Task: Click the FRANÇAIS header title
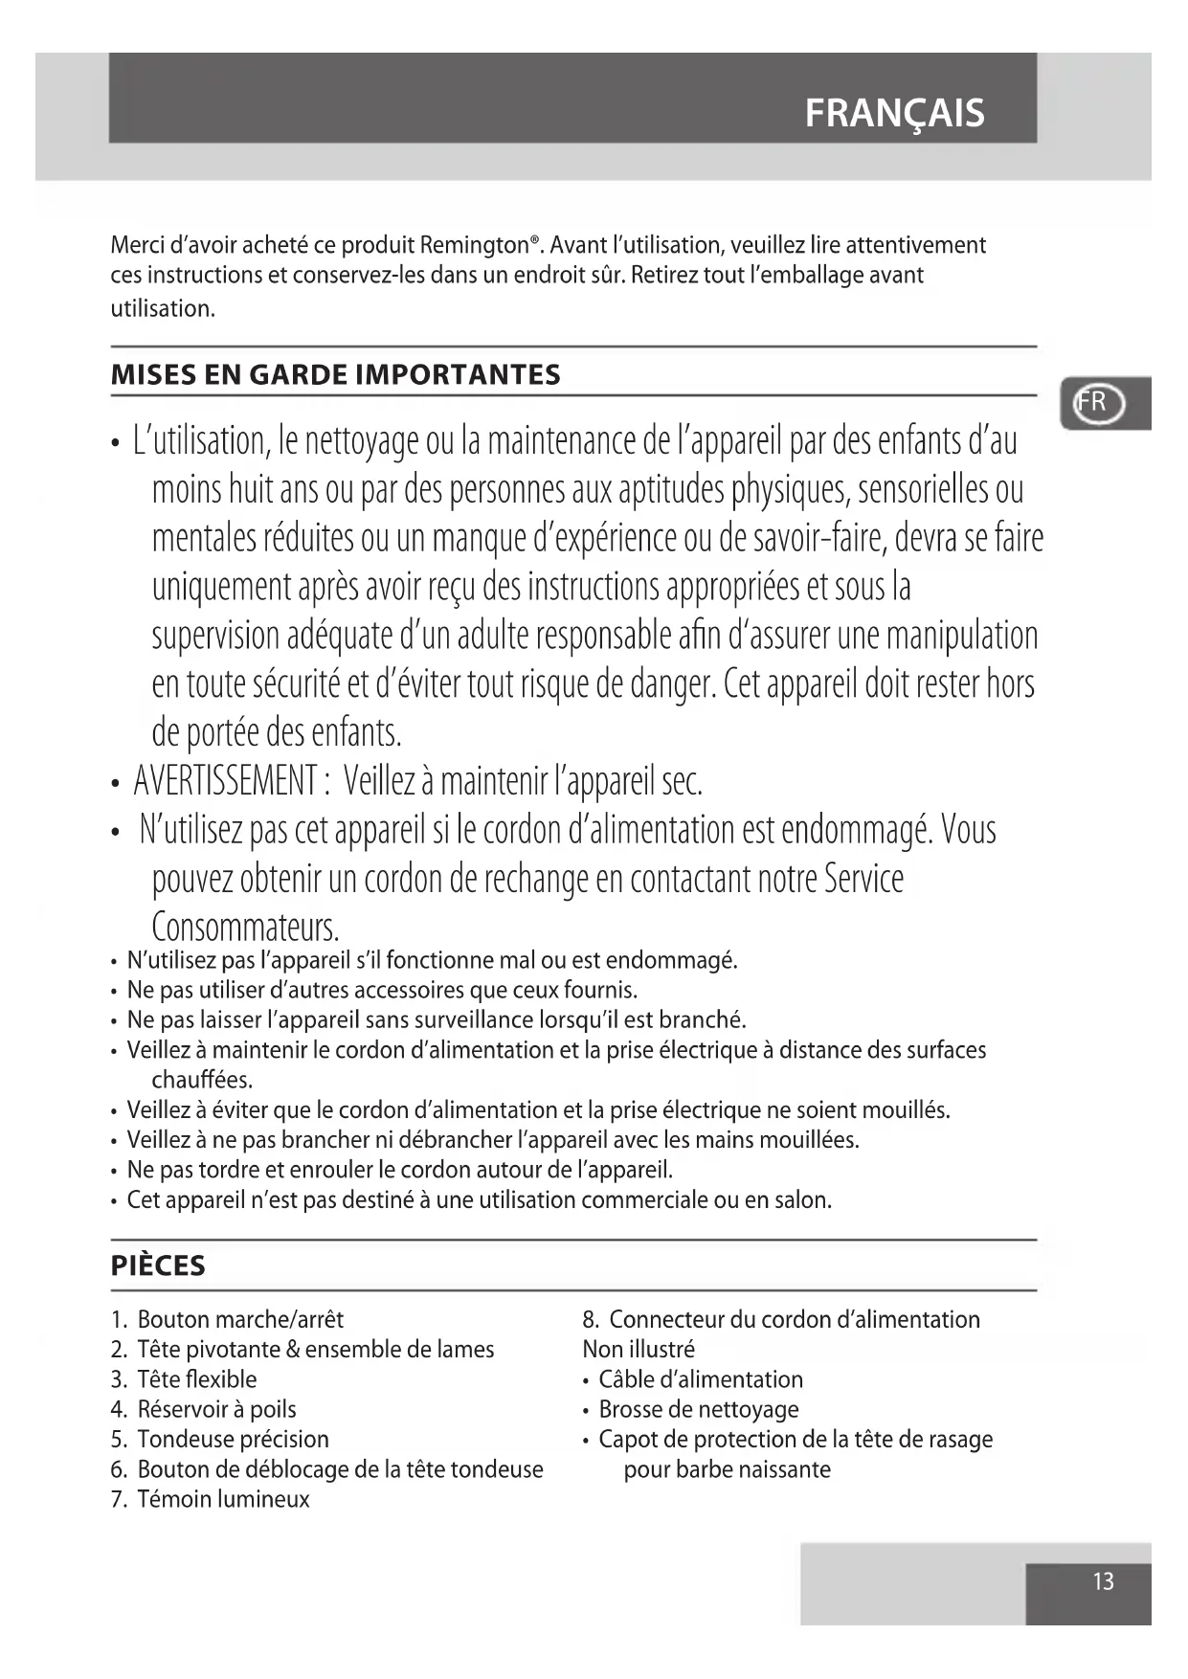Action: [894, 113]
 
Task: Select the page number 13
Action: [1103, 1580]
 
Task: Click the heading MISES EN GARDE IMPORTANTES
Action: [335, 374]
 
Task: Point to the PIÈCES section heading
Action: [158, 1265]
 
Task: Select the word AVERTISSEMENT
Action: [226, 781]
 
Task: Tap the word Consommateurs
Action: [245, 927]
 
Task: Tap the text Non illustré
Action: [639, 1349]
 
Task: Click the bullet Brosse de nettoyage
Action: [698, 1409]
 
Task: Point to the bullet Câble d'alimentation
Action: [700, 1379]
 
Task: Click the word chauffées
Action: [202, 1080]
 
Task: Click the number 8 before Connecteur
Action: [590, 1319]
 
